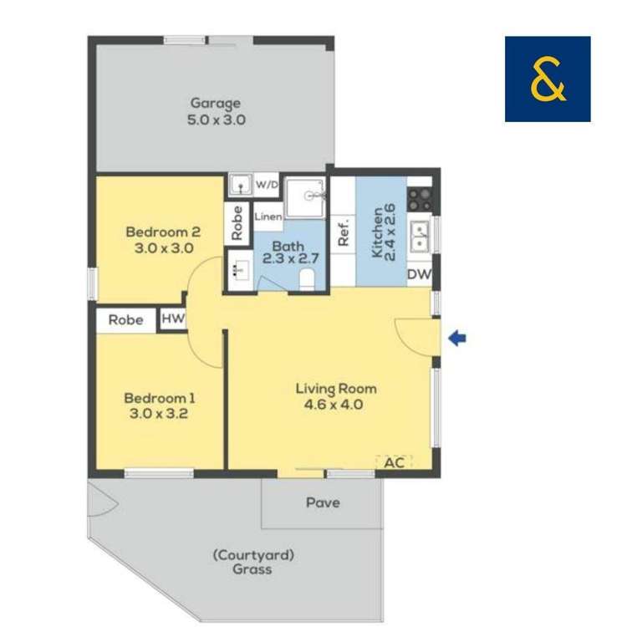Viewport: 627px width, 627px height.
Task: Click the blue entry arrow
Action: click(x=457, y=339)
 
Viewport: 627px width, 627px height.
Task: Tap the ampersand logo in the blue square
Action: click(x=548, y=79)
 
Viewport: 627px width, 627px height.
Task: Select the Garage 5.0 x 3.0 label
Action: click(x=217, y=111)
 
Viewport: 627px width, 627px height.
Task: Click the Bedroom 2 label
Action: click(x=164, y=240)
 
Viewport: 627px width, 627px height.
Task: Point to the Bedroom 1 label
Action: click(x=161, y=405)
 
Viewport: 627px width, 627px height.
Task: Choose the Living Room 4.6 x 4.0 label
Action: click(x=336, y=397)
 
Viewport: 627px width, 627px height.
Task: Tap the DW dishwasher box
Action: click(x=419, y=273)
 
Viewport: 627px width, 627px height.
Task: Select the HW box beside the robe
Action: click(x=172, y=319)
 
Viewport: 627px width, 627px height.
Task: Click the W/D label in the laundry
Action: click(x=267, y=184)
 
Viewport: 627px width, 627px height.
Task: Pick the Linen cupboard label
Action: click(x=268, y=217)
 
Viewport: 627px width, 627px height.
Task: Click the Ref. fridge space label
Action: click(x=343, y=232)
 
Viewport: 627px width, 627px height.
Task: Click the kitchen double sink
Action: click(x=419, y=234)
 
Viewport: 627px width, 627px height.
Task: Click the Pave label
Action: click(x=323, y=503)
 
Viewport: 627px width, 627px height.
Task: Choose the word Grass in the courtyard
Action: click(x=252, y=570)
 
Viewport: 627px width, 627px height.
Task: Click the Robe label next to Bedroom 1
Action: click(x=125, y=319)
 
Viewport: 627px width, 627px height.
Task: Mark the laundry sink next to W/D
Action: click(x=240, y=185)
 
